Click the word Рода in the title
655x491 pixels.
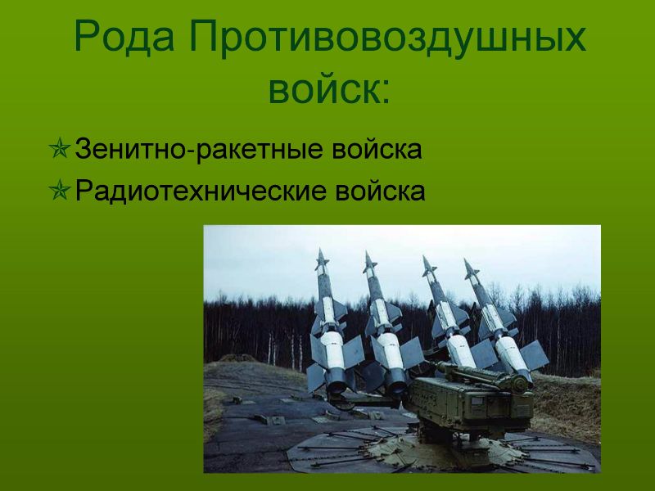tap(124, 38)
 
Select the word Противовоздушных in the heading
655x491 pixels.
tap(387, 38)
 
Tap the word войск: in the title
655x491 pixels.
tap(329, 90)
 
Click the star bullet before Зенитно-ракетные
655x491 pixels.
tap(59, 148)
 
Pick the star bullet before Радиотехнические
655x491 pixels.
tap(59, 190)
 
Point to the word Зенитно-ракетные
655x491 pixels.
tap(199, 149)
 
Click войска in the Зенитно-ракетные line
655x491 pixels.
tap(377, 150)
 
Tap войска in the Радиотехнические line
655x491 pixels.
tap(380, 191)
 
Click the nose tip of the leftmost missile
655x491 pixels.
tap(321, 250)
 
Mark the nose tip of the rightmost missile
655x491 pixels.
tap(465, 259)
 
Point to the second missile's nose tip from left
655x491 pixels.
tap(366, 252)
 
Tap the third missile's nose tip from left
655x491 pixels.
tap(423, 256)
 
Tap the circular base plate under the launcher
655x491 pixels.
tap(443, 450)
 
